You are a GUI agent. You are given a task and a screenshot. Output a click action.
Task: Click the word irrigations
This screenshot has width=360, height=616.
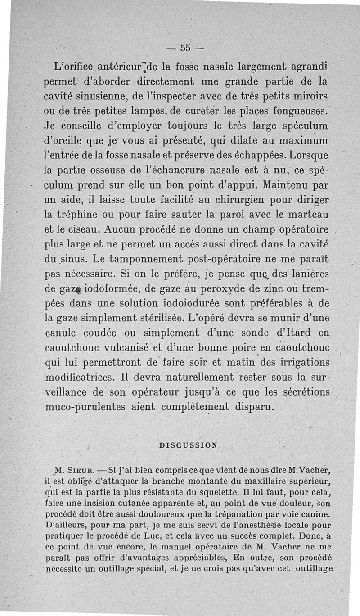pos(299,363)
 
